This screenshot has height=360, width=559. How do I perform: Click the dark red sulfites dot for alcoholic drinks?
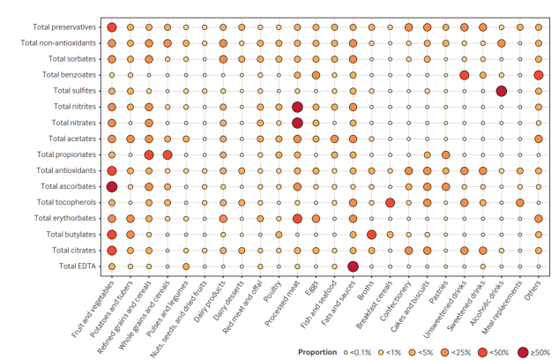(502, 91)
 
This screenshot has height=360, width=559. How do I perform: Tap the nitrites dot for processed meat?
(297, 107)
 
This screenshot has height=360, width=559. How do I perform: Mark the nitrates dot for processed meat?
(297, 123)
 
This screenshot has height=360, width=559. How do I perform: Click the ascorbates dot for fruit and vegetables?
(112, 186)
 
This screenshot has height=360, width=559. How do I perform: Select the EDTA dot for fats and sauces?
(353, 266)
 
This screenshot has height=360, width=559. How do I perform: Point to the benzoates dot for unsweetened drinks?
(464, 75)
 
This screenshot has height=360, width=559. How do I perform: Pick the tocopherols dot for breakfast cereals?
(390, 202)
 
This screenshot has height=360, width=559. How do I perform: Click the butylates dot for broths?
(371, 234)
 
